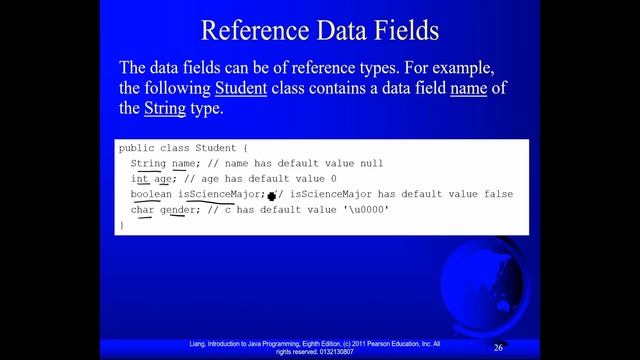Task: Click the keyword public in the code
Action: click(137, 148)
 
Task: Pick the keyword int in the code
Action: click(140, 178)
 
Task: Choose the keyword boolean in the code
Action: click(151, 194)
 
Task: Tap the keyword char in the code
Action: click(143, 210)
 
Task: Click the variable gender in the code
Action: click(180, 210)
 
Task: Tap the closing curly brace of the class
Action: click(122, 225)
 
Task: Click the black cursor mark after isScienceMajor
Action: click(271, 196)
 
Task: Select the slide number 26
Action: click(498, 346)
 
